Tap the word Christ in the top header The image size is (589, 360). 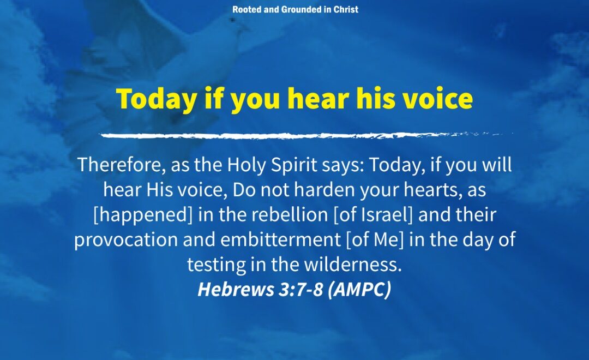[x=346, y=9]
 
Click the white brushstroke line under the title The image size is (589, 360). [x=306, y=135]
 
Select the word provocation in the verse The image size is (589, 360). [x=125, y=240]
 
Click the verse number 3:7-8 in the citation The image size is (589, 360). [x=300, y=289]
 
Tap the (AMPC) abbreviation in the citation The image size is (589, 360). [x=359, y=289]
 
